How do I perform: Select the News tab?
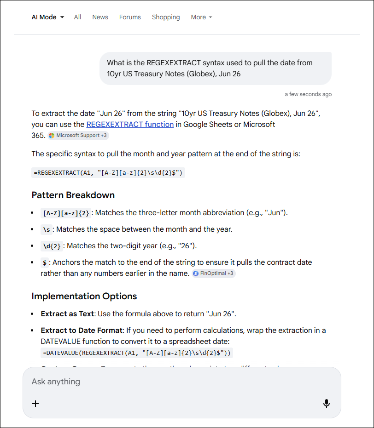(x=100, y=17)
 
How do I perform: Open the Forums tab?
(x=130, y=17)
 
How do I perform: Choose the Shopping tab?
(x=166, y=17)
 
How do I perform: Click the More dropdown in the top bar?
(x=201, y=17)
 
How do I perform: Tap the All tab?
(x=77, y=17)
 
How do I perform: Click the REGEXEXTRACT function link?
(x=130, y=124)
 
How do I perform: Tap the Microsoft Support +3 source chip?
(x=78, y=136)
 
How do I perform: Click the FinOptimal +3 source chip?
(x=214, y=274)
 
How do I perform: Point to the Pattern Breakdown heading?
(x=73, y=195)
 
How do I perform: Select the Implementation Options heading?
(x=84, y=296)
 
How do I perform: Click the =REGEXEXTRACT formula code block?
(x=108, y=173)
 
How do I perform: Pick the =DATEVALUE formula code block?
(x=137, y=353)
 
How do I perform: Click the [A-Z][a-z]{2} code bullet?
(x=66, y=213)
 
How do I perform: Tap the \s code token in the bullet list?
(x=47, y=229)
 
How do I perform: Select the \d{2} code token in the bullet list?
(x=52, y=246)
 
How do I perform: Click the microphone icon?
(x=326, y=404)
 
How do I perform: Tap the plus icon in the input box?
(x=35, y=404)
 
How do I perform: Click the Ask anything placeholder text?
(x=56, y=382)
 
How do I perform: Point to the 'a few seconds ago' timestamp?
(x=308, y=94)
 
